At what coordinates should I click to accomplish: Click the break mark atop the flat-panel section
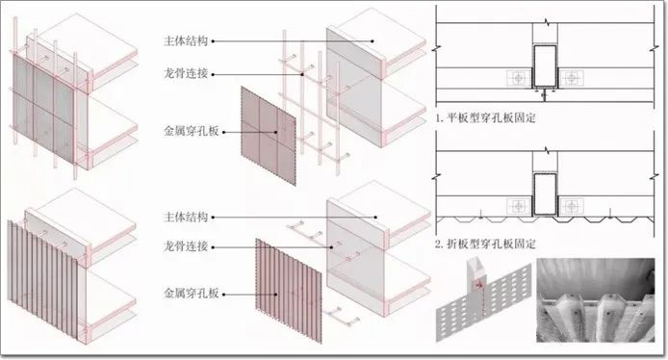coord(545,20)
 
